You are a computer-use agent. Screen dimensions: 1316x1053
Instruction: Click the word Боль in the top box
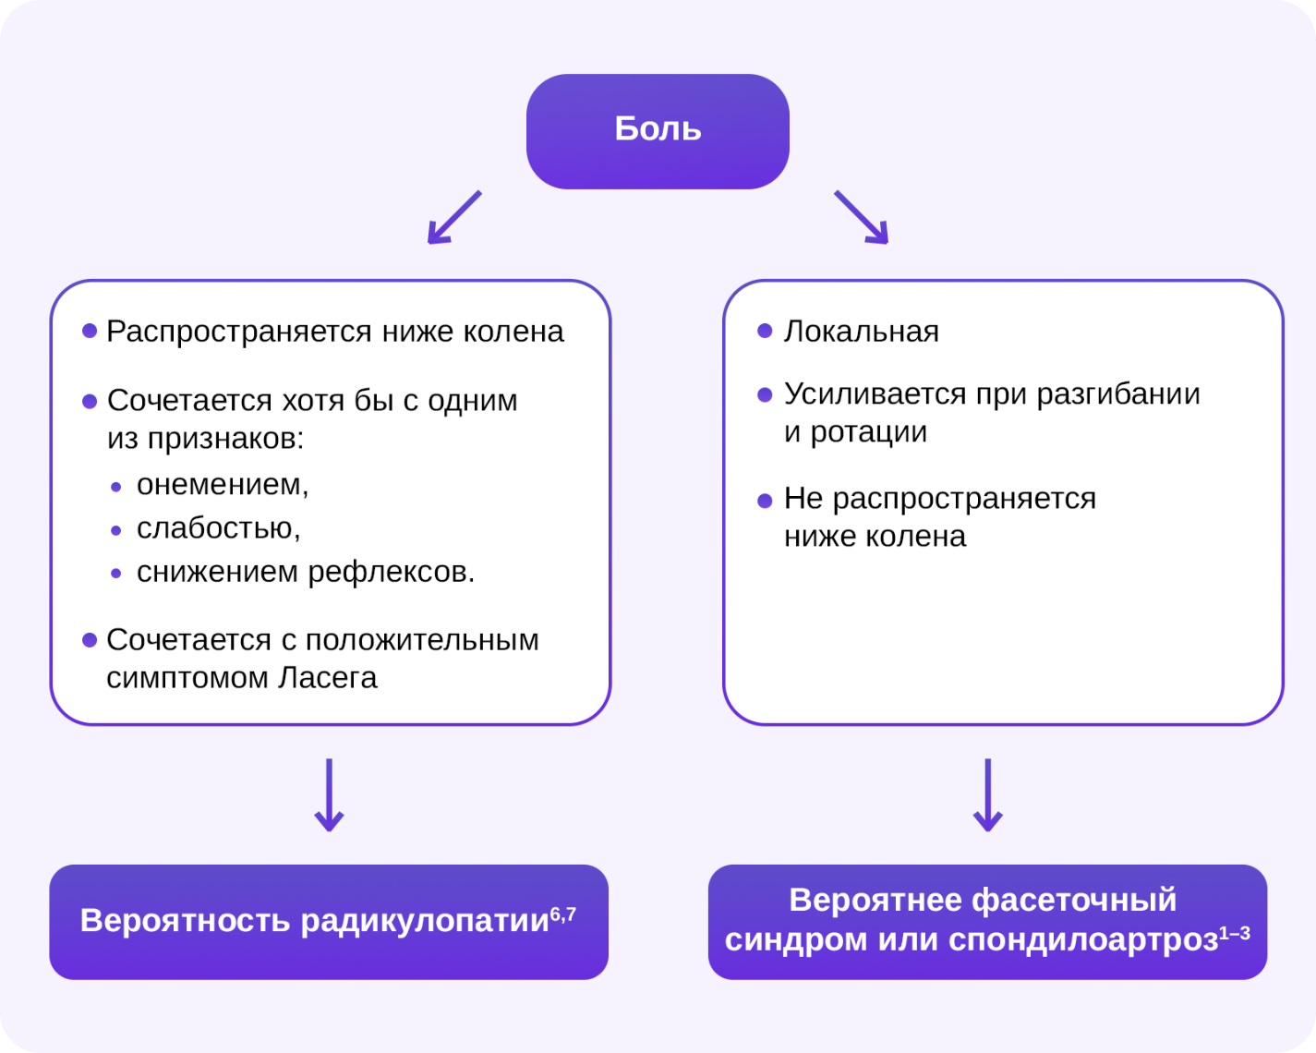point(658,128)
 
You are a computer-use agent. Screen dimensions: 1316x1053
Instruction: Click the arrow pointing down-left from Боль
point(454,217)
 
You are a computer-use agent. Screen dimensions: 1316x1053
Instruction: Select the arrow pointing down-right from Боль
point(862,217)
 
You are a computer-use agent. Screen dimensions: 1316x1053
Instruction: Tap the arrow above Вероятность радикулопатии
point(329,794)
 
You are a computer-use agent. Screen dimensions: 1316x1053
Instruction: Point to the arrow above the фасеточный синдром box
point(987,794)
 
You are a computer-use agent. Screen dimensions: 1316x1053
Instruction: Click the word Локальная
point(861,332)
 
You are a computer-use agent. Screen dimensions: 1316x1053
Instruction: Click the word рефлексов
point(392,573)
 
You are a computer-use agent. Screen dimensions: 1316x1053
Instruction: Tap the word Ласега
point(328,678)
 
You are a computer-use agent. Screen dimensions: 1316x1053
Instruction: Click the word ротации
point(868,432)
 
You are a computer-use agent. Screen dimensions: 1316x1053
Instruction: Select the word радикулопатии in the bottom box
point(425,921)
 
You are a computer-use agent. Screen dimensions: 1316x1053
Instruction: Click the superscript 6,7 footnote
point(563,914)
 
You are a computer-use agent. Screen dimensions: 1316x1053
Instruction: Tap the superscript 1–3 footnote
point(1235,933)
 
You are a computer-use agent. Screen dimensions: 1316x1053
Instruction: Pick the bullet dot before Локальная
point(765,331)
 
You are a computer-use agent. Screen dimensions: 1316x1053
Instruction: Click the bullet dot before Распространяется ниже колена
point(90,331)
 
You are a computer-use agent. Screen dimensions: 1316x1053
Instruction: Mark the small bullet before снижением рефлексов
point(116,574)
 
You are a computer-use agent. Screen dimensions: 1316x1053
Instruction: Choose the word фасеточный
point(1074,900)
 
